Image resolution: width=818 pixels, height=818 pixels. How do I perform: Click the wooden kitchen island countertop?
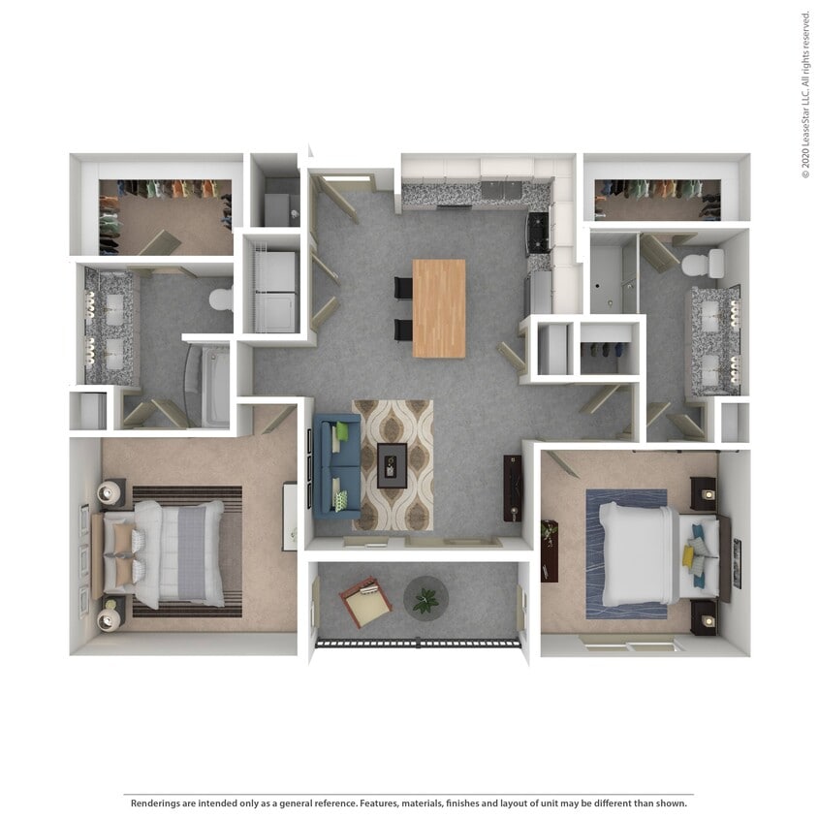439,307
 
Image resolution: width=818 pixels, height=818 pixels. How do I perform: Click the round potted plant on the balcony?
425,597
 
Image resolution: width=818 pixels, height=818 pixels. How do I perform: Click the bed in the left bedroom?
174,551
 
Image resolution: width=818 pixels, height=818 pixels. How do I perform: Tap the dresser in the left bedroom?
291,517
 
